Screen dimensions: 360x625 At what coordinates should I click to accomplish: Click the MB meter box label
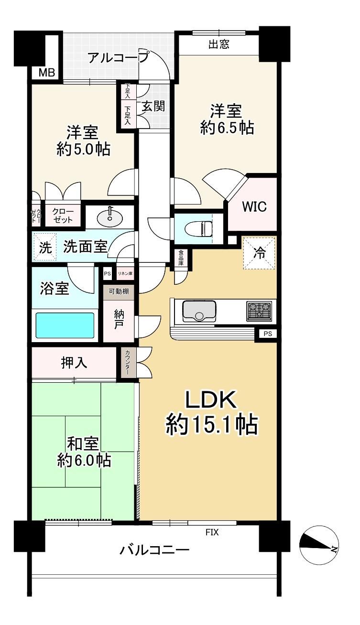(47, 73)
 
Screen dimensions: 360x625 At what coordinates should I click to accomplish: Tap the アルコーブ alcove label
(118, 58)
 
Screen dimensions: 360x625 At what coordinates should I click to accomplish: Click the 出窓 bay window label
(219, 44)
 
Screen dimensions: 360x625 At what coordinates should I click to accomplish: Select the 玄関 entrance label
(153, 106)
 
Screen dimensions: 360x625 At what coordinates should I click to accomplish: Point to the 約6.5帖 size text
(227, 128)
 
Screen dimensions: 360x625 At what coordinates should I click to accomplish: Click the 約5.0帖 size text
(84, 149)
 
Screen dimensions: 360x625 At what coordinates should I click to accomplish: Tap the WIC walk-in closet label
(254, 207)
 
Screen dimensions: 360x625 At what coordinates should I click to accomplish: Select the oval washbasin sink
(110, 216)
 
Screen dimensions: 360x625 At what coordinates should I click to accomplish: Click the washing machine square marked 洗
(45, 247)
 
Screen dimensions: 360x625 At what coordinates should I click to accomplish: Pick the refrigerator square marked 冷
(259, 253)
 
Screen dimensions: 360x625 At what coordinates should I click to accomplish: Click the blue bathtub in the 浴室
(65, 325)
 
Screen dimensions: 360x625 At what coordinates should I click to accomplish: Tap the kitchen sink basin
(199, 311)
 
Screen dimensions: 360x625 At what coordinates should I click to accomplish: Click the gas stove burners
(259, 311)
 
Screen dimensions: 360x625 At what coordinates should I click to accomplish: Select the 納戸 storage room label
(119, 320)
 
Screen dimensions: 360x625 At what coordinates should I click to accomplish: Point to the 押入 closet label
(74, 363)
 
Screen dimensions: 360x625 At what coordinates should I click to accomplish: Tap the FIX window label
(212, 532)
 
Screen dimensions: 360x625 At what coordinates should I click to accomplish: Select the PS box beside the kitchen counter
(268, 334)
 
